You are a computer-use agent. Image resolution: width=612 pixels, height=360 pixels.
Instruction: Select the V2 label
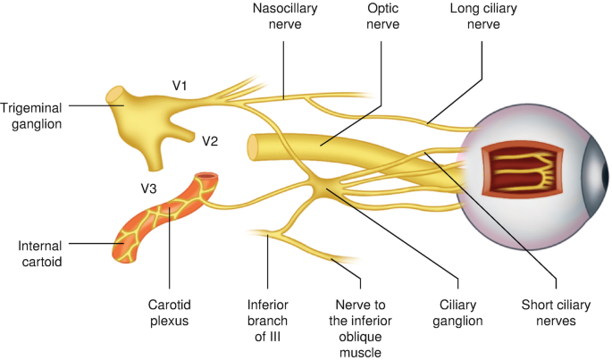[x=210, y=140]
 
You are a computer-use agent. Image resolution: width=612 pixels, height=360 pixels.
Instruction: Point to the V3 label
[x=151, y=188]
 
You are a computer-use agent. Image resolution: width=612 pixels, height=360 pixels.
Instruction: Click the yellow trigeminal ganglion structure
[x=142, y=117]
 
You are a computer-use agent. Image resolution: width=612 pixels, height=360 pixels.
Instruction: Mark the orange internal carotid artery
[x=157, y=223]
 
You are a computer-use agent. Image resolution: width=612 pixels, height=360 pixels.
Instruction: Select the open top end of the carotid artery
[x=207, y=178]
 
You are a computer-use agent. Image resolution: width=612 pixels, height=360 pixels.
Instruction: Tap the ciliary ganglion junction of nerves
[x=323, y=188]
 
